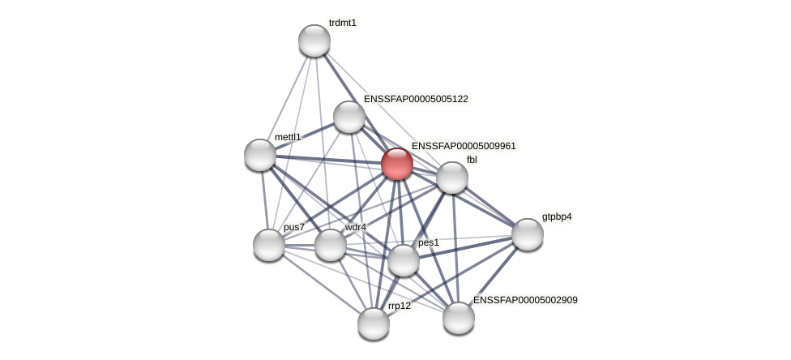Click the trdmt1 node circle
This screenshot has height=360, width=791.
pos(314,41)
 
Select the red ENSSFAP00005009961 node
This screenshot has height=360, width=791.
pos(397,164)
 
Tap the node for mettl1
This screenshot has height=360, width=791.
pos(260,155)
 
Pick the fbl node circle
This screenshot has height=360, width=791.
pos(452,178)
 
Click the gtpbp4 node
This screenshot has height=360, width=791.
pos(528,234)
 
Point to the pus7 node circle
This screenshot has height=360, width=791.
pos(269,245)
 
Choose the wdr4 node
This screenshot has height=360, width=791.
pos(331,245)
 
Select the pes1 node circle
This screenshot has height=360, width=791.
pos(404,260)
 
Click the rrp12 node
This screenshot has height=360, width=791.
pos(374,324)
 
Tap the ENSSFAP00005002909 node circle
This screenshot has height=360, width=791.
pos(459,318)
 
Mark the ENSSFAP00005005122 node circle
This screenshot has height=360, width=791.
pos(349,117)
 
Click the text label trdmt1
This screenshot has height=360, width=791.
pos(342,23)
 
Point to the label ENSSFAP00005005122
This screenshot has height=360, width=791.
pos(416,99)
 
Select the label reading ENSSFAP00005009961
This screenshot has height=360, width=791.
pos(464,146)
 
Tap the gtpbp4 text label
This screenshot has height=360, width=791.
pos(557,216)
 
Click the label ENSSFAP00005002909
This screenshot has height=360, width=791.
pos(525,300)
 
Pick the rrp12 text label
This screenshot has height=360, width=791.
pos(400,306)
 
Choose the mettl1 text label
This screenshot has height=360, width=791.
pos(288,137)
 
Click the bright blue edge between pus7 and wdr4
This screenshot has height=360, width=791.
pos(300,245)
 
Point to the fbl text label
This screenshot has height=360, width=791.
pos(472,160)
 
